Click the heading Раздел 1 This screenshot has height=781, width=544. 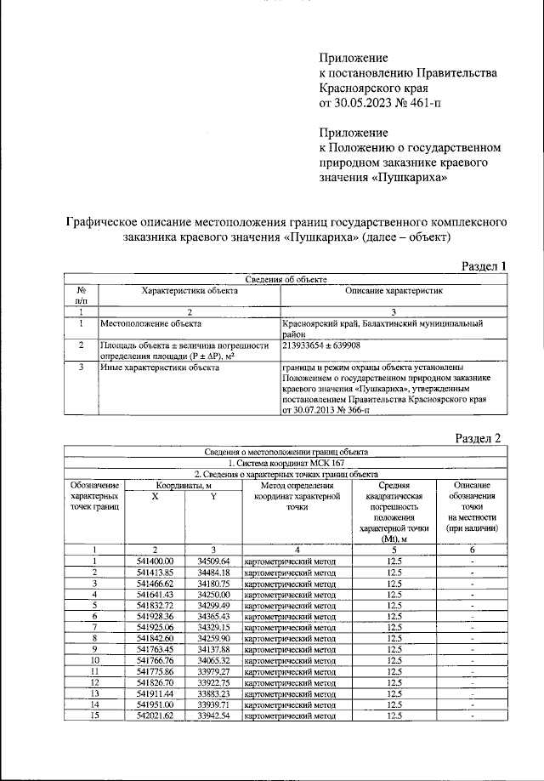click(484, 265)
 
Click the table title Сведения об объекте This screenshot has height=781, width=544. click(285, 280)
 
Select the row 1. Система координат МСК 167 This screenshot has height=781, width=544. click(285, 463)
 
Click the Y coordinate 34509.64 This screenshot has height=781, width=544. click(213, 562)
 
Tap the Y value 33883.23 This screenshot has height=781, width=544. click(213, 693)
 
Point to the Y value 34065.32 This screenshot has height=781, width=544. click(213, 660)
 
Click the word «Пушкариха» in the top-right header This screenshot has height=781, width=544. click(411, 177)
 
